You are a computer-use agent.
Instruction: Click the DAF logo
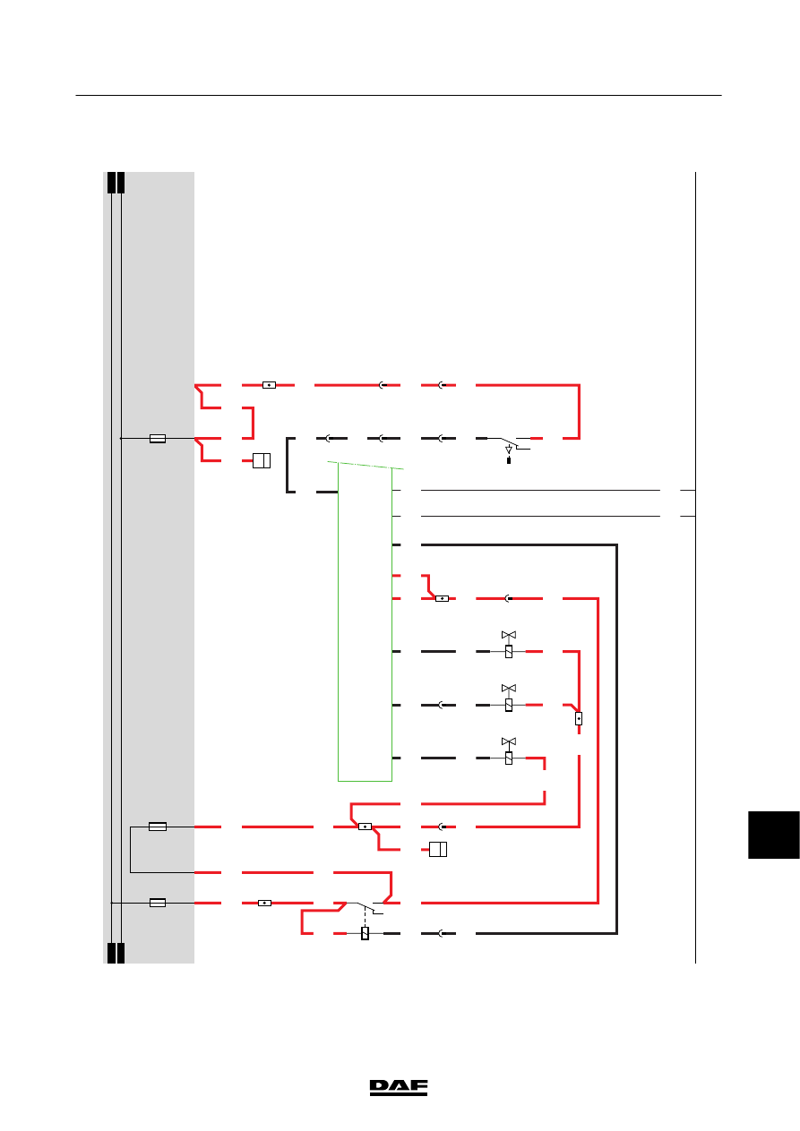click(399, 1088)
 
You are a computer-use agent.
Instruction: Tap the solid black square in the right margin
click(774, 835)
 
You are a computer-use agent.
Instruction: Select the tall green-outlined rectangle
click(365, 621)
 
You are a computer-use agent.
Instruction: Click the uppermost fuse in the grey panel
click(158, 438)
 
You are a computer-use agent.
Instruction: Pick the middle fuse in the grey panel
click(158, 826)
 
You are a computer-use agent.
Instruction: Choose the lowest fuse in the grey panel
click(158, 903)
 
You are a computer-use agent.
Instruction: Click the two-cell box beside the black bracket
click(262, 460)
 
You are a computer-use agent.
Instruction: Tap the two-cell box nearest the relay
click(438, 849)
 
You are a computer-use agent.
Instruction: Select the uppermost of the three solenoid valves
click(509, 644)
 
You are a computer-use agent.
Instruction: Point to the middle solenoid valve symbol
click(509, 698)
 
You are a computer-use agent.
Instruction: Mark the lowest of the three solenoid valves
click(509, 750)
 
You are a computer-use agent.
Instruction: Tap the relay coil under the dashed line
click(365, 933)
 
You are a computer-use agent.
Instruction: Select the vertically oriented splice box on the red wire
click(579, 718)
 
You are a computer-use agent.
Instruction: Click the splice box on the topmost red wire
click(269, 385)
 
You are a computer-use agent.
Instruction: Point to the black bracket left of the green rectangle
click(289, 465)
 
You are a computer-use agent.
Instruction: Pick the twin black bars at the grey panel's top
click(116, 183)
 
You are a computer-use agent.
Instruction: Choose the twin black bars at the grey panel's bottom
click(116, 953)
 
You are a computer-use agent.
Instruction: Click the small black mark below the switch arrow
click(509, 460)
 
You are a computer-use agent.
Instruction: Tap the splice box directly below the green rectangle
click(365, 827)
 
